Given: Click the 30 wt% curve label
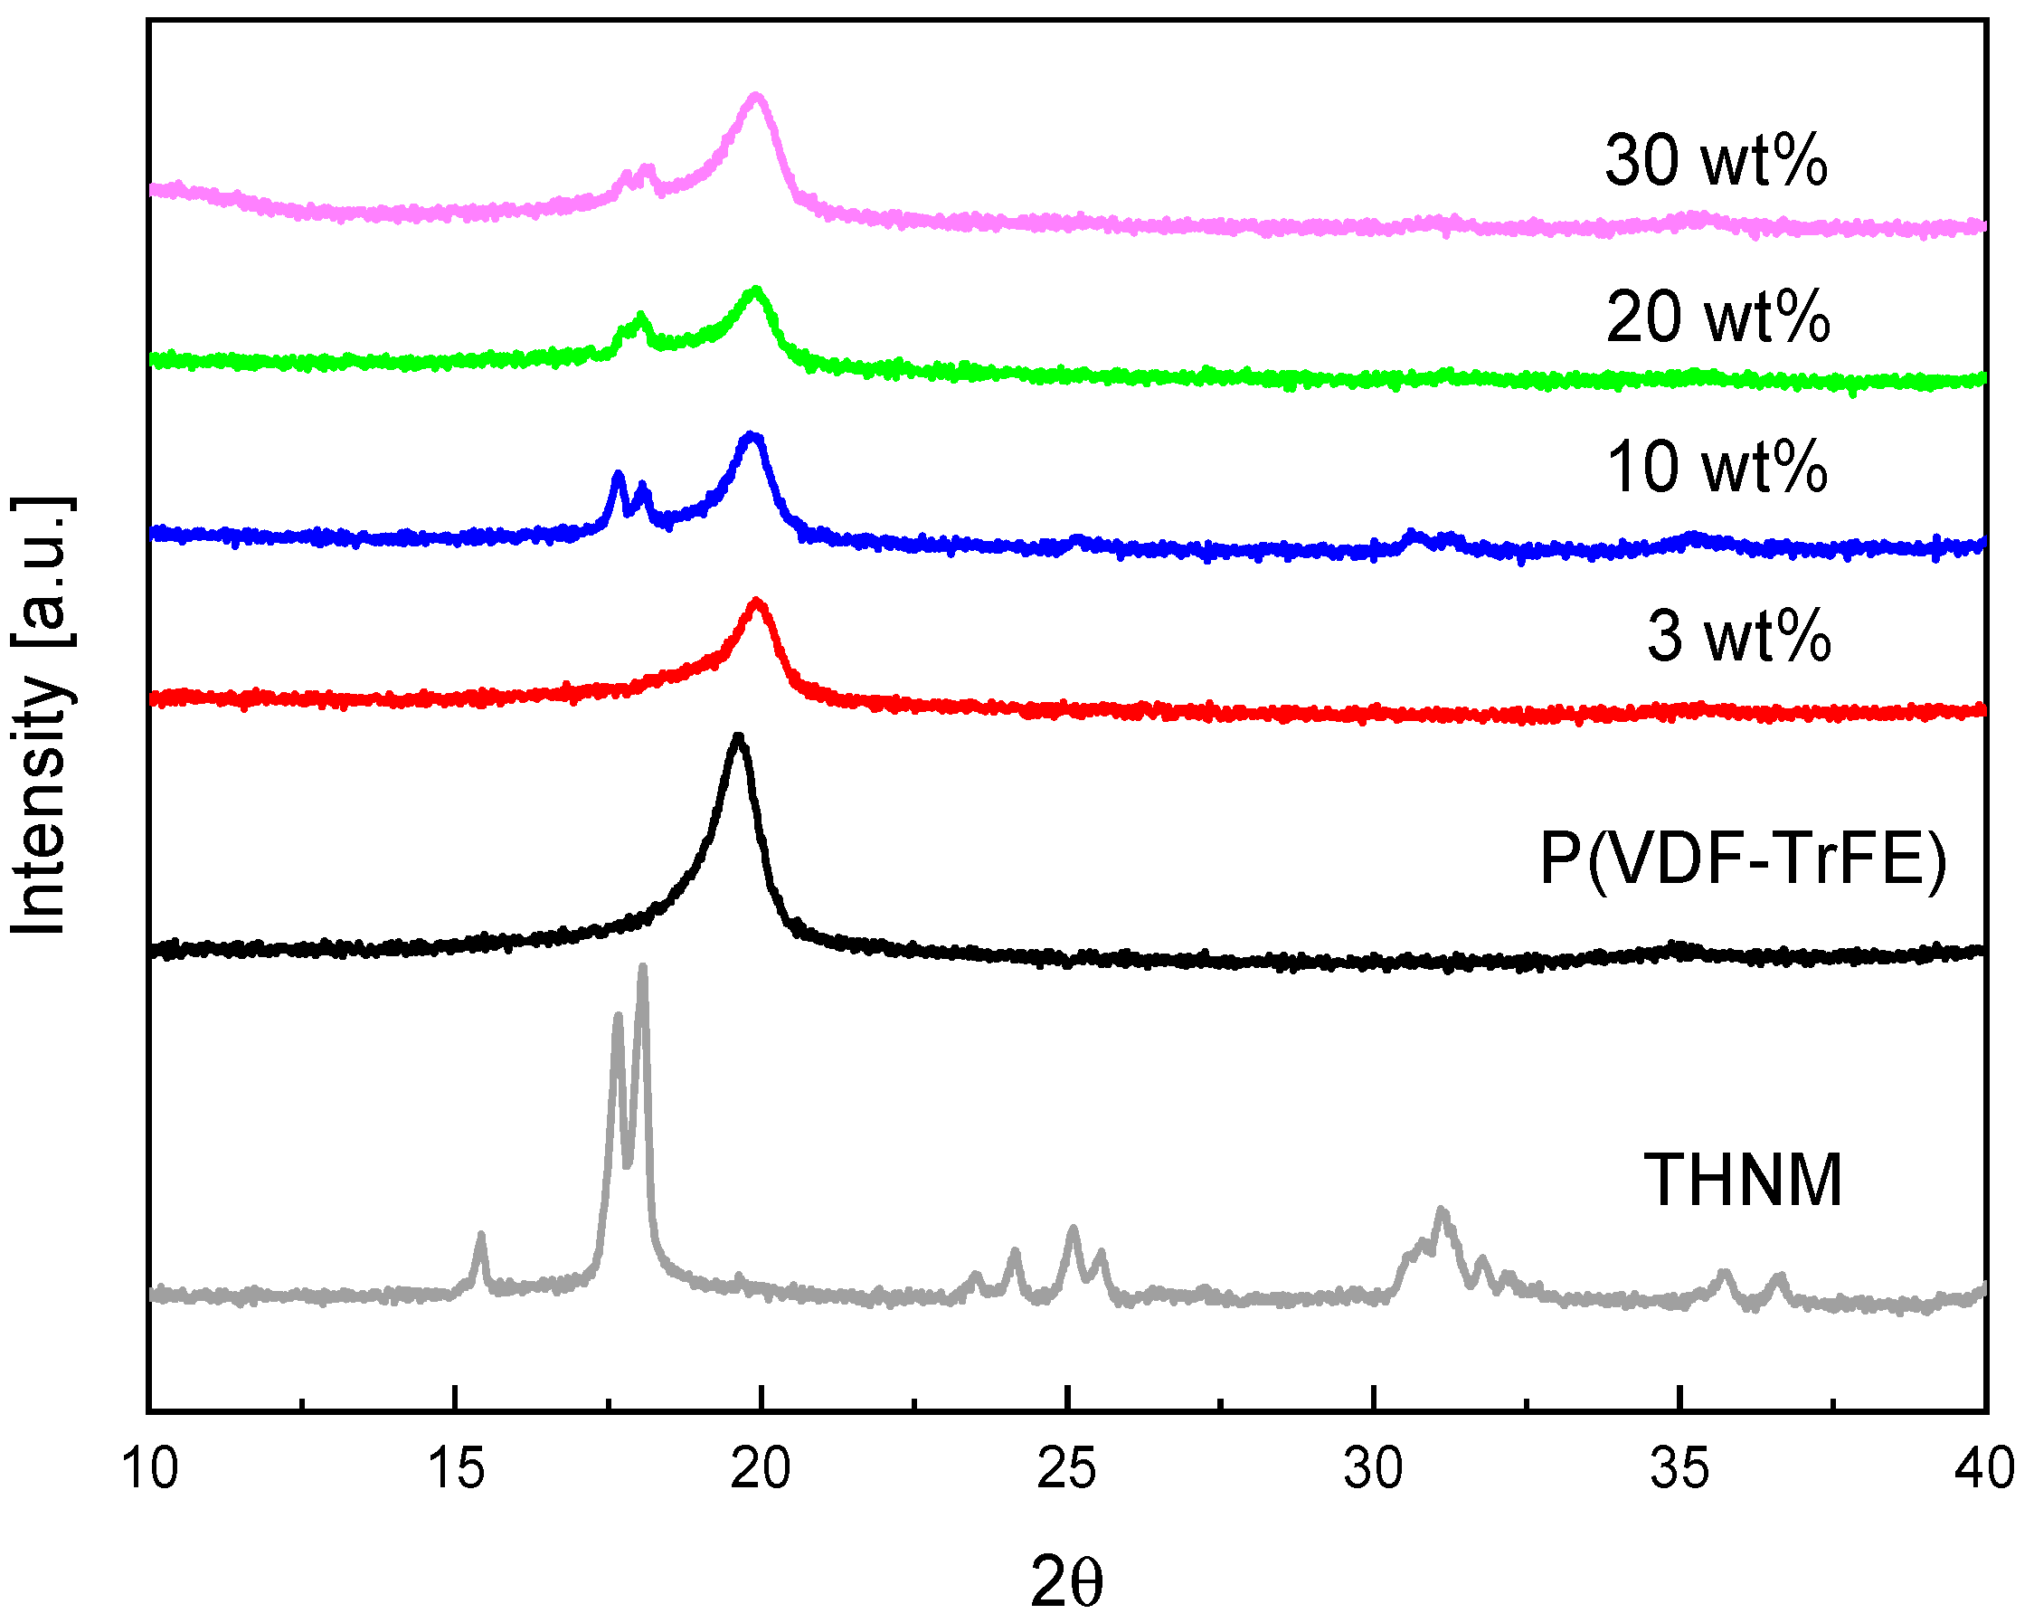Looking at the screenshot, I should coord(1715,160).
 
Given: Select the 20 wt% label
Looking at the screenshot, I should coord(1717,316).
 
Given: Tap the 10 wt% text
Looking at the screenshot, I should coord(1716,467).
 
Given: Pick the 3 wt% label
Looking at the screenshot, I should coord(1738,636).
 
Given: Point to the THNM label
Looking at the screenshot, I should coord(1743,1181).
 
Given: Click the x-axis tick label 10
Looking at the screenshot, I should coord(149,1469).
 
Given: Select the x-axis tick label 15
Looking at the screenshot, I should coord(456,1469).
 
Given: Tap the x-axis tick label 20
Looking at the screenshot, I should coord(761,1469).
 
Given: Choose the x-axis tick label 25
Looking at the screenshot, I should coord(1066,1469).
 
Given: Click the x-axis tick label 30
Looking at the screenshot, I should coord(1373,1469).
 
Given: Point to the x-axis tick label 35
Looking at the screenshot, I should coord(1679,1469).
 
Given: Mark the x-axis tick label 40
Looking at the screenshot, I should coord(1985,1469).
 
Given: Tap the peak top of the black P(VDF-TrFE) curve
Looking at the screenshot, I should coord(739,738).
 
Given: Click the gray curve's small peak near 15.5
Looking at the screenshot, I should coord(481,1236).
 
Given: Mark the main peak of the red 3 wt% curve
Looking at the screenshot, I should coord(756,602).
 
